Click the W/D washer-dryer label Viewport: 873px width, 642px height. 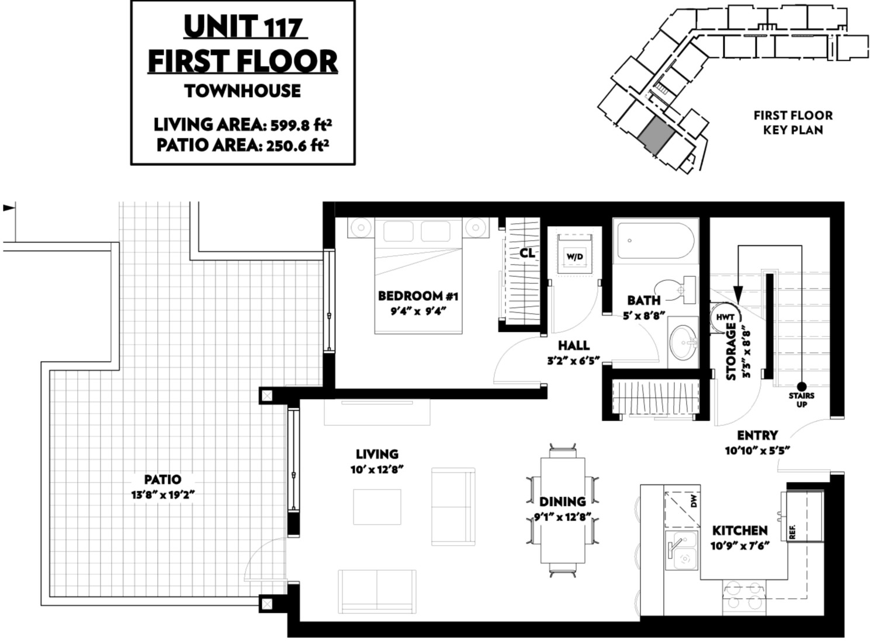click(574, 256)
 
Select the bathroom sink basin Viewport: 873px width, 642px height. click(683, 343)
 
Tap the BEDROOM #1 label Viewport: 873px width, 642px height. click(418, 296)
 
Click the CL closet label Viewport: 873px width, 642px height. click(527, 253)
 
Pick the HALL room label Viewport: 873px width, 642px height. click(574, 345)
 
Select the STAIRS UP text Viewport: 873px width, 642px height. click(801, 400)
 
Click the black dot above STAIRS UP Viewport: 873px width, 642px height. click(802, 387)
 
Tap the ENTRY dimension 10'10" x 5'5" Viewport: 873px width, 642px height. click(757, 451)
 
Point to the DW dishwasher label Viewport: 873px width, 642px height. click(694, 502)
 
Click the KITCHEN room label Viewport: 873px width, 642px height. click(740, 530)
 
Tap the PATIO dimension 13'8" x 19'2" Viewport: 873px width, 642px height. click(163, 495)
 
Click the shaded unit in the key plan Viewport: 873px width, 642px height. click(656, 135)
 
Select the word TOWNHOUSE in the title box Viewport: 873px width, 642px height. click(243, 91)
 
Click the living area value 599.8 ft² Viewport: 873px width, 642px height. click(302, 125)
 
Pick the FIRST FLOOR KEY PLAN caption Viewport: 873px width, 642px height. click(793, 122)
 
